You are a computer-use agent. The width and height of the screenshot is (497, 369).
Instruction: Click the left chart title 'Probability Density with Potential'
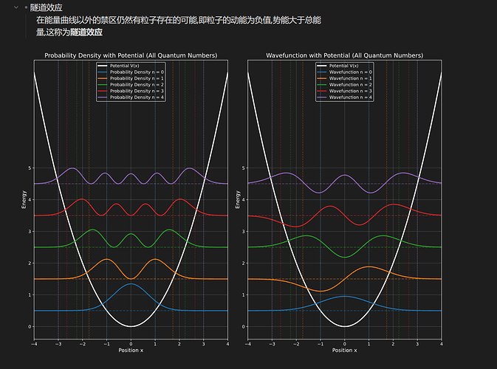click(131, 55)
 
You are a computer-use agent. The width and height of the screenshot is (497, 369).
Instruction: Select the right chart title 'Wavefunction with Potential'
click(344, 55)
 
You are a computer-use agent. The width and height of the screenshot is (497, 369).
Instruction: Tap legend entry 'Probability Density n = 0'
click(137, 72)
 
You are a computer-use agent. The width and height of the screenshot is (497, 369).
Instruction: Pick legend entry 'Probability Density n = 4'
click(137, 97)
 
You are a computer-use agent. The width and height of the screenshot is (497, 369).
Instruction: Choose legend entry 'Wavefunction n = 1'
click(351, 78)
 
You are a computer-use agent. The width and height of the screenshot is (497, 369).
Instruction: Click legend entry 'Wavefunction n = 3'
click(351, 91)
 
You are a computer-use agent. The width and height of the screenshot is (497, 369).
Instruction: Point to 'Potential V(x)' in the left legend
click(125, 66)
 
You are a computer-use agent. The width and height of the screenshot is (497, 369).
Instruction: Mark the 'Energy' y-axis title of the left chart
click(24, 199)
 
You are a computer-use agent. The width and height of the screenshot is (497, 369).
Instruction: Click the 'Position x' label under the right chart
click(344, 350)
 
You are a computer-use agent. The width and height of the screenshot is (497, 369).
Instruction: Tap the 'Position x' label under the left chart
click(131, 350)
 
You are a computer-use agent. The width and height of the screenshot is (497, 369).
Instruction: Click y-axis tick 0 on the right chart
click(244, 326)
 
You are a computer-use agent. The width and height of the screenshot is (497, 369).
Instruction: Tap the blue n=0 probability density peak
click(131, 284)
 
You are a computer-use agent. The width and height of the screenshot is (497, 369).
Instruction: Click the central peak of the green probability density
click(131, 235)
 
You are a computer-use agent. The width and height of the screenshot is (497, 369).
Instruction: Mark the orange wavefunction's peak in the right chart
click(369, 266)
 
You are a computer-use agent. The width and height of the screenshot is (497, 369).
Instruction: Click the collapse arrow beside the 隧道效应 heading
click(16, 7)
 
